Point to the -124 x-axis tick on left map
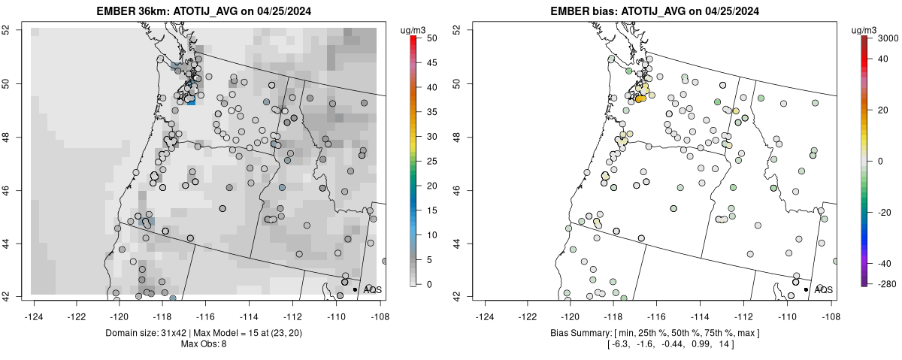point(35,306)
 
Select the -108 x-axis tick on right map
point(830,306)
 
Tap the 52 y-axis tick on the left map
point(25,29)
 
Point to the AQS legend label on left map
point(373,289)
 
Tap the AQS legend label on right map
point(824,289)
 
